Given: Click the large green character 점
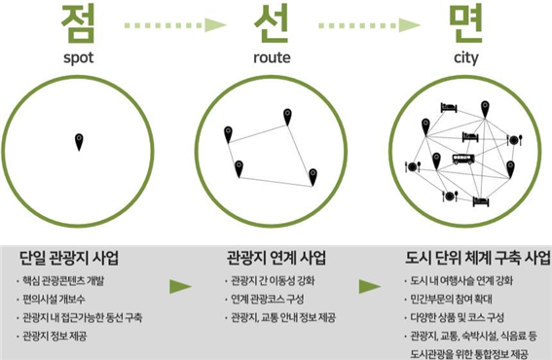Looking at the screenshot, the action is coord(78,23).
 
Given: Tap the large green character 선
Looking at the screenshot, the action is coord(272,23).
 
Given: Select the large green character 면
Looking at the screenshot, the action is coord(465,23).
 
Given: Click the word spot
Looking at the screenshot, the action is coord(79,58).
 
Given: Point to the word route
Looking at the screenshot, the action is coord(272,57).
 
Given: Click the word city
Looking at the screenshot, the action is coord(465,58).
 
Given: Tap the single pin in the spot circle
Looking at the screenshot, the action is coord(79,142).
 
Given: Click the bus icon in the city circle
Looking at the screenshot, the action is coord(463,159).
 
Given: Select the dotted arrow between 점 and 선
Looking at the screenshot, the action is coord(175,25).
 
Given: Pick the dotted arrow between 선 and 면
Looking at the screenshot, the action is coord(369,25).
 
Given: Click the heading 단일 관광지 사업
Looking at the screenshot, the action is coord(69,258).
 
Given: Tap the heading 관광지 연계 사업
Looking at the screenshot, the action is coord(276,258).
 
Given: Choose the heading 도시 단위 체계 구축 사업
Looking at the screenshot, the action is coord(478,258).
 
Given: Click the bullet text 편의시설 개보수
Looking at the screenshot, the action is coord(54,300).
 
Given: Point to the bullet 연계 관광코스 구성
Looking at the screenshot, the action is coord(267,300).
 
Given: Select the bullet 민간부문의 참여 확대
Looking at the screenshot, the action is coord(452,300).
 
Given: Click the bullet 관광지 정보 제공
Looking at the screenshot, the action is coord(55,337).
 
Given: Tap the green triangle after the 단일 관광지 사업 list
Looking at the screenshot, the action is coord(181,286).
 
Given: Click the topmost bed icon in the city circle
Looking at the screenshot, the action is coord(449,108).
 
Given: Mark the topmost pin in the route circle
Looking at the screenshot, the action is coord(287,117).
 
